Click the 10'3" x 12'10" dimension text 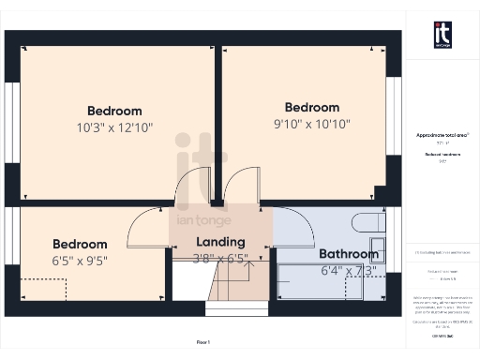pos(114,127)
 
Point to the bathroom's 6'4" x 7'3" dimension pos(348,271)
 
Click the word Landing pos(220,242)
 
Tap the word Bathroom pos(348,254)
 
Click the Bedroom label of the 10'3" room pos(114,111)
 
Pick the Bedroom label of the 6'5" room pos(79,244)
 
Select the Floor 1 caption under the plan pos(203,341)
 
